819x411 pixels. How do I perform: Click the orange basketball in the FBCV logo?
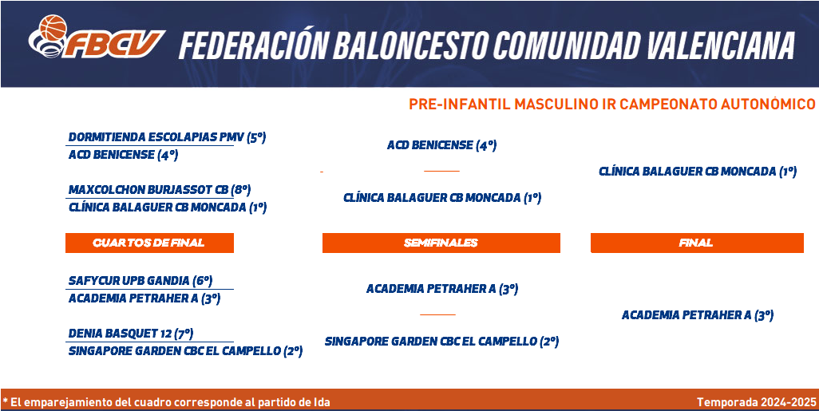(53, 28)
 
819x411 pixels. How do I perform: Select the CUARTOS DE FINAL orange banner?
(149, 243)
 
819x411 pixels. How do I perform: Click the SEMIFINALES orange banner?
(441, 243)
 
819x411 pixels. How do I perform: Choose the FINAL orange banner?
(697, 243)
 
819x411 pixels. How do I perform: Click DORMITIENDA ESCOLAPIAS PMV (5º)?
(167, 137)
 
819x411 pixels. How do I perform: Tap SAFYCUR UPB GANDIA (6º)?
(140, 280)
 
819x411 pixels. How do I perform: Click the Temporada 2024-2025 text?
(756, 402)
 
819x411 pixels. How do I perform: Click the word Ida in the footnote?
(321, 403)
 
